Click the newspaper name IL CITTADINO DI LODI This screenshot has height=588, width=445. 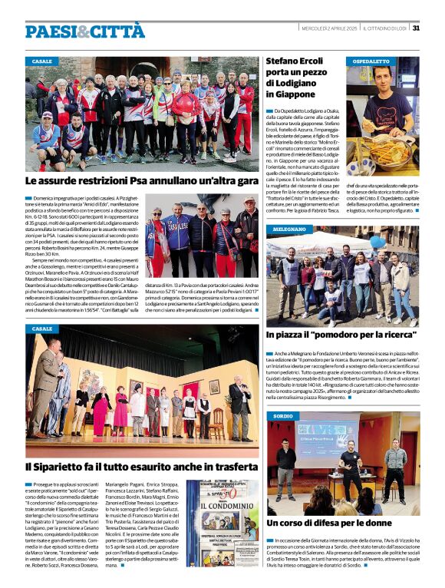pyautogui.click(x=384, y=28)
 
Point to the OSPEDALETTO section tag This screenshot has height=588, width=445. pyautogui.click(x=371, y=61)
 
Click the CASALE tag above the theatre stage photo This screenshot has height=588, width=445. pyautogui.click(x=42, y=329)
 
